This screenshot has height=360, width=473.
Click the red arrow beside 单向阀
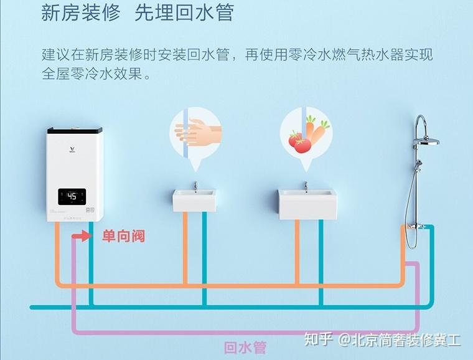coord(81,237)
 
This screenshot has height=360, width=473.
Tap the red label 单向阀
coord(123,237)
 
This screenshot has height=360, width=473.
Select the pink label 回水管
coord(245,347)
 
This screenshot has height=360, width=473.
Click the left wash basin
coord(194,201)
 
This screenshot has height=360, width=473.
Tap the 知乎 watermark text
coord(316,340)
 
